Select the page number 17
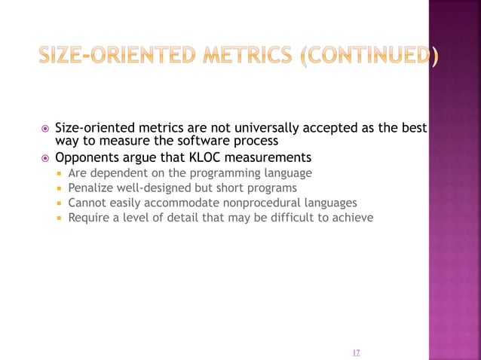[x=356, y=351]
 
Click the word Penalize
[x=91, y=188]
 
